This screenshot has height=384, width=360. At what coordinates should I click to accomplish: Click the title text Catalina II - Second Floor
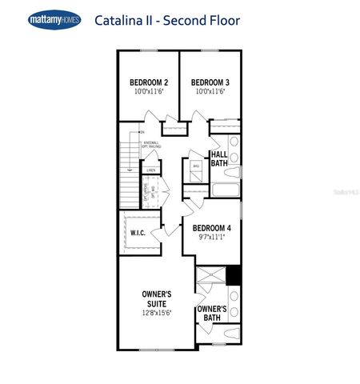[166, 18]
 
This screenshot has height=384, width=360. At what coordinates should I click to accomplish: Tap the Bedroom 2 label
[149, 82]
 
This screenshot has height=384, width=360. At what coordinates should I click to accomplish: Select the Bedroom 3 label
[210, 82]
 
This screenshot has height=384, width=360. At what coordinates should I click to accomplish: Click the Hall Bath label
[220, 158]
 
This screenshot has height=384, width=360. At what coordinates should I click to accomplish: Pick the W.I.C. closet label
[137, 232]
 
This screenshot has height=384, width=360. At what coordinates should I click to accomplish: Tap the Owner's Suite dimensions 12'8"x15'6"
[157, 312]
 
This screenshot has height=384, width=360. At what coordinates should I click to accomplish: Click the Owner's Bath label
[211, 313]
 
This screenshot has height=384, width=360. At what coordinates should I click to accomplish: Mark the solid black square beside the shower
[233, 274]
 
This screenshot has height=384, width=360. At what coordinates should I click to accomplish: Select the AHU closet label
[196, 166]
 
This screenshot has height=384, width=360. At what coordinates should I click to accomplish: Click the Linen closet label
[150, 170]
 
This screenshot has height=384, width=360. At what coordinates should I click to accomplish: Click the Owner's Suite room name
[157, 298]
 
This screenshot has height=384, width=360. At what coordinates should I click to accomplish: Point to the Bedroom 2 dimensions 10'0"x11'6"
[149, 93]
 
